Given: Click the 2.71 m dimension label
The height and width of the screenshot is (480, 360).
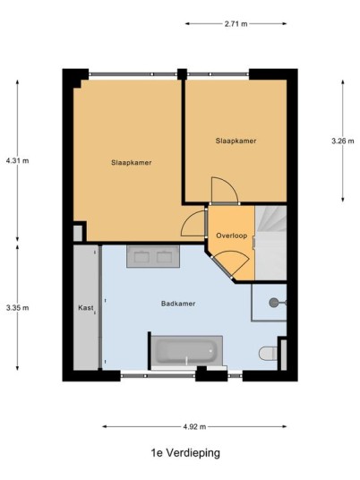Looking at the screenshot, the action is pyautogui.click(x=236, y=24).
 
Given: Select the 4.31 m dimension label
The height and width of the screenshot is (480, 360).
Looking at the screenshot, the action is pyautogui.click(x=17, y=160).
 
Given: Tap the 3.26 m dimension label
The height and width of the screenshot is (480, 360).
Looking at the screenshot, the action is pyautogui.click(x=343, y=141).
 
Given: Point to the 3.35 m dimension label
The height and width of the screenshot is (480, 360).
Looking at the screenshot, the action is pyautogui.click(x=17, y=308).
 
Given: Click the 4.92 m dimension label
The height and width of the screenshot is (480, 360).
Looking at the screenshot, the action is pyautogui.click(x=194, y=426).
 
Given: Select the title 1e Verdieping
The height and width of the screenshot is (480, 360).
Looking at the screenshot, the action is pyautogui.click(x=185, y=452).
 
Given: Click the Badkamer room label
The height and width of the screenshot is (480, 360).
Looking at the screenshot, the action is pyautogui.click(x=178, y=304).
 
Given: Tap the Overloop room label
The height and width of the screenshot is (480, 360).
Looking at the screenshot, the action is pyautogui.click(x=231, y=236).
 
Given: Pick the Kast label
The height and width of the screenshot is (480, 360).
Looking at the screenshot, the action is pyautogui.click(x=86, y=308).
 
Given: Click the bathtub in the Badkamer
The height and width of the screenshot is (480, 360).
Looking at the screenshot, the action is pyautogui.click(x=187, y=351).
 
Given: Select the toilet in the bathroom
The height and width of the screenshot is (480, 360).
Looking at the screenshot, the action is pyautogui.click(x=268, y=354).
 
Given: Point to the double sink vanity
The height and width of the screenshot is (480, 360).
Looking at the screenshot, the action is pyautogui.click(x=153, y=256).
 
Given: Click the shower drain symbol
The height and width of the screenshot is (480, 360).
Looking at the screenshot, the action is pyautogui.click(x=273, y=303).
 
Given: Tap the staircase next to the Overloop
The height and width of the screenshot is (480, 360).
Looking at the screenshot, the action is pyautogui.click(x=270, y=243).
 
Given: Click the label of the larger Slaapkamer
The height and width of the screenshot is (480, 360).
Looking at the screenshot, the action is pyautogui.click(x=132, y=163).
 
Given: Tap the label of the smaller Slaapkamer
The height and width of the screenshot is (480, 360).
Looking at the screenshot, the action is pyautogui.click(x=236, y=141).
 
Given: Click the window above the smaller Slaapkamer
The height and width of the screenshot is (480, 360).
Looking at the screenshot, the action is pyautogui.click(x=218, y=74).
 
